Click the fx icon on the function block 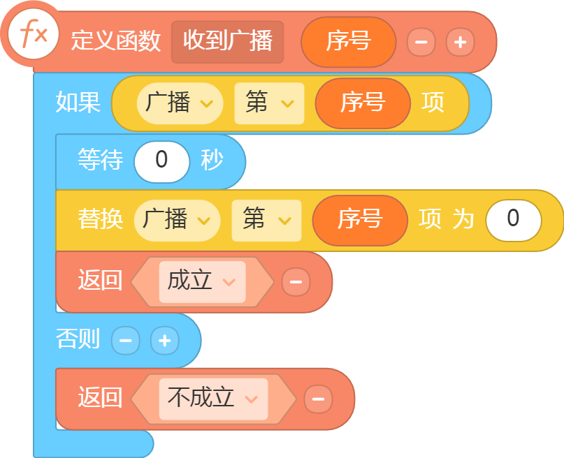pyautogui.click(x=33, y=34)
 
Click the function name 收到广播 pyautogui.click(x=227, y=42)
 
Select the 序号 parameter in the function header pyautogui.click(x=348, y=42)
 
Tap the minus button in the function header pyautogui.click(x=421, y=42)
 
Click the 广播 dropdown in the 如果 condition pyautogui.click(x=180, y=103)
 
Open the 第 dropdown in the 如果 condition pyautogui.click(x=269, y=103)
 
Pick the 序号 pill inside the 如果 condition pyautogui.click(x=363, y=103)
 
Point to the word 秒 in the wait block pyautogui.click(x=212, y=160)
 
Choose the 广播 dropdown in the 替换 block pyautogui.click(x=177, y=221)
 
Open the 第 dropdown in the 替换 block pyautogui.click(x=266, y=221)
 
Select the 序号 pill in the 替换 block pyautogui.click(x=360, y=221)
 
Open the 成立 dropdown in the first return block pyautogui.click(x=202, y=282)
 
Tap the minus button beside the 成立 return pyautogui.click(x=296, y=282)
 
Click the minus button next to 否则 pyautogui.click(x=126, y=340)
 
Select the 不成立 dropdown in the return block pyautogui.click(x=213, y=399)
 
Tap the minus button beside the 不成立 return pyautogui.click(x=318, y=399)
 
